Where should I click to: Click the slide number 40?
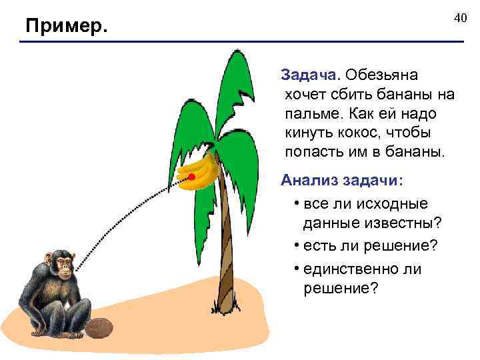460,17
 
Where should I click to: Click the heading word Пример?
66,27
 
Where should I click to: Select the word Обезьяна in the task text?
383,74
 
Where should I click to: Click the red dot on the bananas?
191,177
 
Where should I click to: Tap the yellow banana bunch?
200,175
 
